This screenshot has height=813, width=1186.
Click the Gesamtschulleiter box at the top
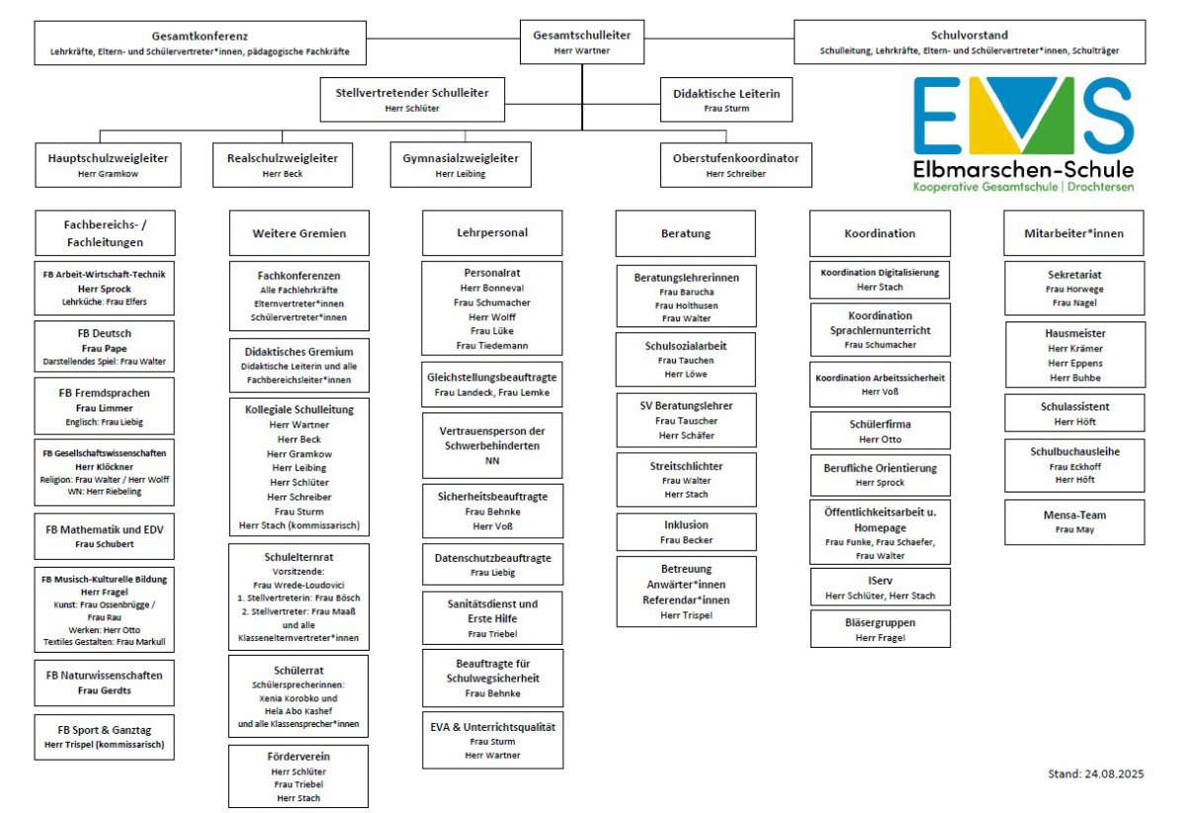(582, 42)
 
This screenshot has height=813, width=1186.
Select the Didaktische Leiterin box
(726, 100)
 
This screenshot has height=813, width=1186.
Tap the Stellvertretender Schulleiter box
(412, 100)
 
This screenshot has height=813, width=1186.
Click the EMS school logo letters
(1023, 116)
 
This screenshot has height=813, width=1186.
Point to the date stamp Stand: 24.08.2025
(1095, 774)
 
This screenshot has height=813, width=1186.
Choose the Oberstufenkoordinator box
(735, 165)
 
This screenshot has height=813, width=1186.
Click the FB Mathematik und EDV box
(104, 536)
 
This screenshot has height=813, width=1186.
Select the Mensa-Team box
(1074, 521)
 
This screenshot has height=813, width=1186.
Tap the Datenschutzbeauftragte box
(493, 564)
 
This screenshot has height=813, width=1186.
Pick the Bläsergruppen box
(880, 629)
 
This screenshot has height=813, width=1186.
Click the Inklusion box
(687, 532)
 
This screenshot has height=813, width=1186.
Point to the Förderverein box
(298, 775)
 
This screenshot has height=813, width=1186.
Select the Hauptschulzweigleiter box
(108, 165)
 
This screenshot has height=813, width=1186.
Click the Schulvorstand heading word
(970, 35)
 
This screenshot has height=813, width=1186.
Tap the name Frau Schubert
(104, 544)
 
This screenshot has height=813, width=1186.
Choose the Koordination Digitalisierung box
(880, 279)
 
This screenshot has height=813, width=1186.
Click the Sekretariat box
(1074, 288)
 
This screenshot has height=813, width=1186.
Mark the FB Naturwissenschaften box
(104, 681)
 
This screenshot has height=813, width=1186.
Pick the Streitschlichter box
(687, 479)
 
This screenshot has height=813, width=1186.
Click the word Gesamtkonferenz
(200, 35)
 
